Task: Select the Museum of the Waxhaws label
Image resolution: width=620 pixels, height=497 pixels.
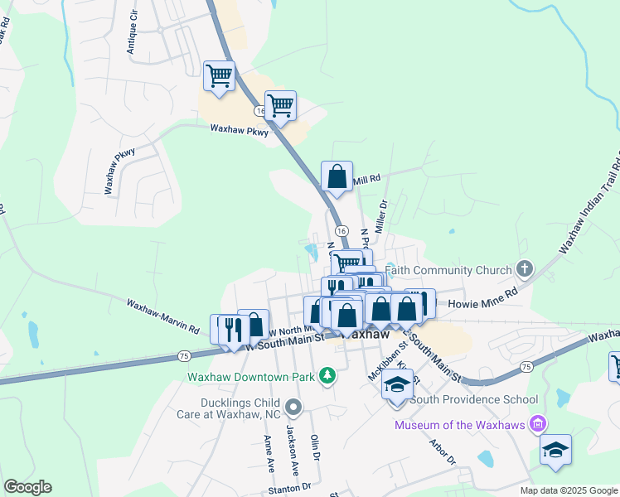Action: [461, 425]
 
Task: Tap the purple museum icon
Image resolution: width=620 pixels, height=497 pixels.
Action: [539, 425]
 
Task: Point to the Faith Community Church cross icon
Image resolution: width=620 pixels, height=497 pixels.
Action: [523, 268]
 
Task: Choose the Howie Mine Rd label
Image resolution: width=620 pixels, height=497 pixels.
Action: [482, 304]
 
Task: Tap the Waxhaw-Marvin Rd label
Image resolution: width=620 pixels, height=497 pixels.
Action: [162, 316]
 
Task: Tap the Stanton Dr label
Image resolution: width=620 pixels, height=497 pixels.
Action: [289, 487]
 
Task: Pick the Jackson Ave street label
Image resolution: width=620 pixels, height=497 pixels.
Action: [291, 445]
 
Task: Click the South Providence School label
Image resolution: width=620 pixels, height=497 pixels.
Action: [475, 399]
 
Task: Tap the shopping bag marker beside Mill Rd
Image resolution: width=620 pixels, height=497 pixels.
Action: [337, 177]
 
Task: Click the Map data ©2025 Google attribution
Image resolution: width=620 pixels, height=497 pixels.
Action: [568, 490]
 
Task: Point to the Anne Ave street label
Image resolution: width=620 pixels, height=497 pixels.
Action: [269, 453]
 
